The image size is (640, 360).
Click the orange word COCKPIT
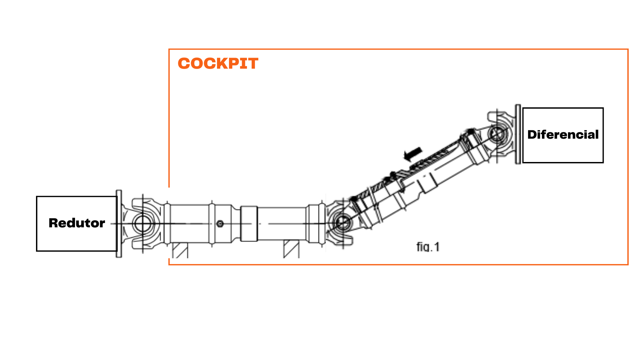click(218, 63)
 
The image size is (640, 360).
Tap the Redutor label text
click(77, 223)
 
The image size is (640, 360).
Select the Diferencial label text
click(563, 135)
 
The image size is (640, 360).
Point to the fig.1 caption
click(428, 247)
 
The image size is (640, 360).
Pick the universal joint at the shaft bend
click(342, 222)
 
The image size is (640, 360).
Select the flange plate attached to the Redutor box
click(119, 224)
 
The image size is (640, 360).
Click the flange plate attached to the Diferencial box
click(518, 134)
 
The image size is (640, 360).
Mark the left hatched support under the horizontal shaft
click(180, 250)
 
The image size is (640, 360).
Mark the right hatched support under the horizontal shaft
click(291, 249)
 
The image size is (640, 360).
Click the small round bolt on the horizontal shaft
click(220, 224)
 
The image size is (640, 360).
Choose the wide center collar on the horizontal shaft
click(249, 224)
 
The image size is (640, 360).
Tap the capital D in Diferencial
click(532, 135)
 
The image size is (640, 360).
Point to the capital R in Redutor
click(54, 223)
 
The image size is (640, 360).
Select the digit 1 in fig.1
click(437, 247)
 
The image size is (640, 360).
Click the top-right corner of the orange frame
click(628, 49)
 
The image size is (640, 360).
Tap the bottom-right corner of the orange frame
click(628, 265)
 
